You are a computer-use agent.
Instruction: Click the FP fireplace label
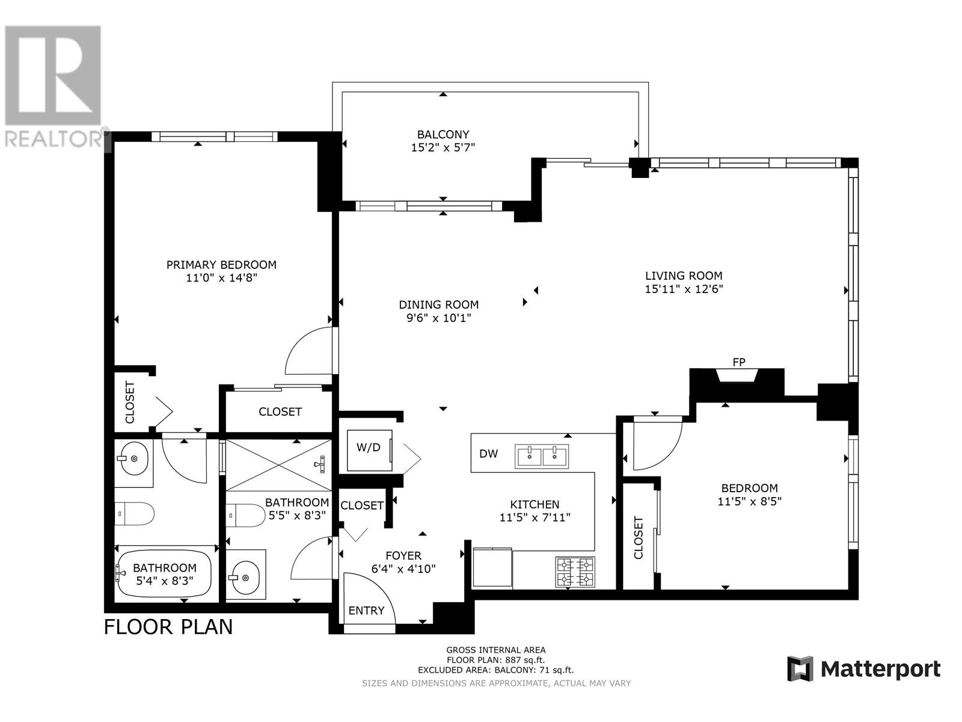tap(738, 363)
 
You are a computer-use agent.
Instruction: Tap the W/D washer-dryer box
tap(369, 450)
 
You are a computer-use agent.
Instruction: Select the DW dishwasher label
tap(488, 454)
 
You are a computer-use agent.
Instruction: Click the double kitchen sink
tap(542, 456)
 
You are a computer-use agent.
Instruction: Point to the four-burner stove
tap(575, 572)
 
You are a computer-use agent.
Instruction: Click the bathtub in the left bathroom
tap(164, 573)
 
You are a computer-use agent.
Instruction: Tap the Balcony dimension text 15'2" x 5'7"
tap(443, 148)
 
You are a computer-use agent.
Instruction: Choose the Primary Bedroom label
tap(221, 265)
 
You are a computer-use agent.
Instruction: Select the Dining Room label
tap(439, 304)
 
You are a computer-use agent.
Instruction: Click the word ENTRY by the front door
tap(366, 610)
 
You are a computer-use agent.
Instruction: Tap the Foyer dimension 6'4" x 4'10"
tap(403, 569)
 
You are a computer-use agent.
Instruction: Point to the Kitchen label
tap(535, 505)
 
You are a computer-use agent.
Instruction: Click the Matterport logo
tap(864, 669)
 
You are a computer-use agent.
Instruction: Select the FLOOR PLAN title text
tap(168, 627)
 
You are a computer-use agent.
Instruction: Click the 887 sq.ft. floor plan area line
tap(495, 660)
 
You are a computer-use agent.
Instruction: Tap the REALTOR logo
tap(54, 86)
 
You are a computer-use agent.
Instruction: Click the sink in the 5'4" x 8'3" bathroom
tap(133, 458)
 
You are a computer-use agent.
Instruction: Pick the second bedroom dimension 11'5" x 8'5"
tap(749, 501)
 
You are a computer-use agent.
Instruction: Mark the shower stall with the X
tap(279, 464)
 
